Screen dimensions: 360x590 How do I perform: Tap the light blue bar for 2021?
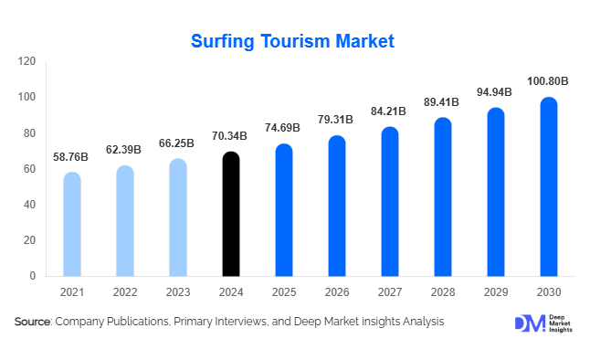pos(72,224)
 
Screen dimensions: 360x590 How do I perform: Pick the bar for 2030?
pos(548,186)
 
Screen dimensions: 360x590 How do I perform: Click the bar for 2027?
pos(390,201)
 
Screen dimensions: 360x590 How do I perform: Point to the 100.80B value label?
pos(548,81)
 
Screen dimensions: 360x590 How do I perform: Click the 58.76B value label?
pos(72,156)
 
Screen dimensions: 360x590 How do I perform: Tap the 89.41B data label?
pos(442,102)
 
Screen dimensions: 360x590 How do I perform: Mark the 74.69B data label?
pos(284,129)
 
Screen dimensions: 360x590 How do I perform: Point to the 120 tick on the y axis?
pos(27,61)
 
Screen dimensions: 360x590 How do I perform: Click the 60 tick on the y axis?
pos(30,169)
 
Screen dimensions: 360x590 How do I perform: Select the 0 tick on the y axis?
pos(33,276)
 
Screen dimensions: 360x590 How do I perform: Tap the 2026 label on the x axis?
pos(337,291)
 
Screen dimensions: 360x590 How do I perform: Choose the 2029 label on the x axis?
pos(495,291)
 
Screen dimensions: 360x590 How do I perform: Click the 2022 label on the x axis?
pos(125,291)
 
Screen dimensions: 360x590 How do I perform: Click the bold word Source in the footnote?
pos(32,323)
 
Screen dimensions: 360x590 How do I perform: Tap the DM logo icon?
pos(528,323)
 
